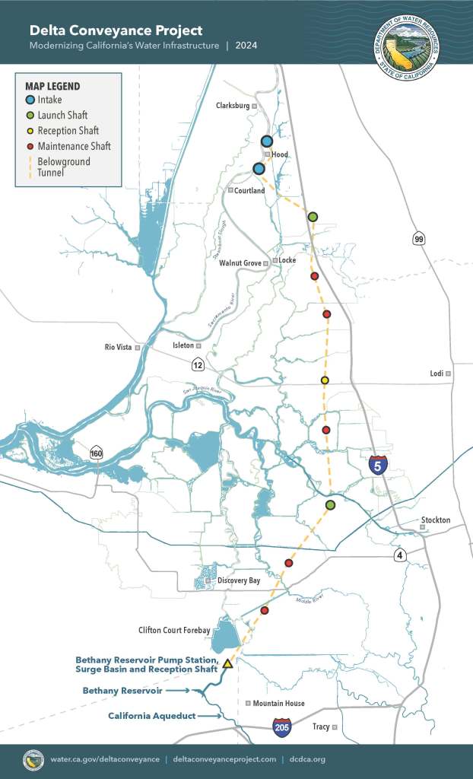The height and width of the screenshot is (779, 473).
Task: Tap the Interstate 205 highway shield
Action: [x=281, y=727]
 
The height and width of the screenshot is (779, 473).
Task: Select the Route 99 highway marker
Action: [x=418, y=239]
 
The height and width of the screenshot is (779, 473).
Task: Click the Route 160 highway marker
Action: [x=97, y=453]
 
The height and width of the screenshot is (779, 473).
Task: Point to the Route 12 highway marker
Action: [x=198, y=364]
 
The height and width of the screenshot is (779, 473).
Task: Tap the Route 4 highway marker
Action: [x=399, y=555]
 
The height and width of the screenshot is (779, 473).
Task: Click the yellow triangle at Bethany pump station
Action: [x=227, y=663]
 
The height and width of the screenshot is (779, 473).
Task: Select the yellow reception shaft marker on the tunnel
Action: [x=325, y=380]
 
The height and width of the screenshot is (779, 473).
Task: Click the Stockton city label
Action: [x=435, y=520]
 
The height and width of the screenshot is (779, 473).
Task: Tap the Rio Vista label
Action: [x=119, y=348]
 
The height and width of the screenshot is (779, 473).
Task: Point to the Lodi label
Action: [x=436, y=374]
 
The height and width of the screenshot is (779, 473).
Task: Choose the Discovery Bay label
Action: [x=238, y=580]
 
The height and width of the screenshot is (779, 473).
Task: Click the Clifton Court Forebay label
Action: [x=174, y=630]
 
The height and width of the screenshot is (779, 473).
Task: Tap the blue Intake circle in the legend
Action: [x=29, y=100]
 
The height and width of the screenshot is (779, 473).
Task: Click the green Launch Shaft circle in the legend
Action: [x=29, y=115]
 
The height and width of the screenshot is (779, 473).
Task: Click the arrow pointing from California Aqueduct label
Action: [x=210, y=716]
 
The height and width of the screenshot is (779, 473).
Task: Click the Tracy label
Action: [x=321, y=727]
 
